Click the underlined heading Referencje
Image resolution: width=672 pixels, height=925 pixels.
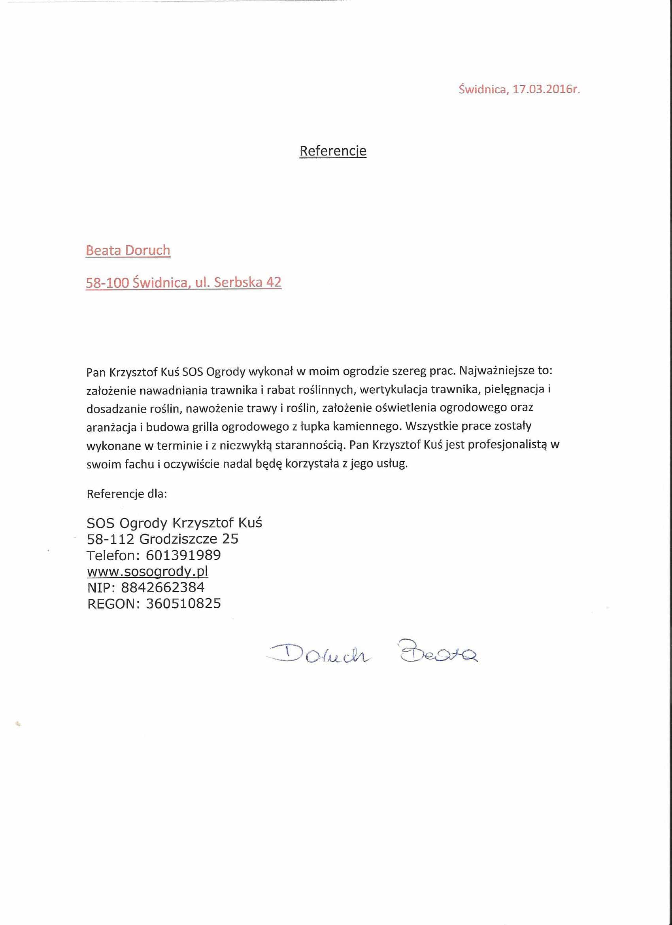coord(332,151)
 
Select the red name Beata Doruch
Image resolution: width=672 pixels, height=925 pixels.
coord(128,250)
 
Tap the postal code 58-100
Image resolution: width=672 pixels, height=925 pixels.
coord(107,282)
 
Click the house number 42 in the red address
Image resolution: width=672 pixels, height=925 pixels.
coord(274,282)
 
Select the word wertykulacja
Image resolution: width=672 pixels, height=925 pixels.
coord(394,389)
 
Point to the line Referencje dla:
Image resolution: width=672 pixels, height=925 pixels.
coord(127,494)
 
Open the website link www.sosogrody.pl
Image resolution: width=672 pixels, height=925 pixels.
coord(147,571)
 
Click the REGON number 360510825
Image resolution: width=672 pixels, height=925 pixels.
coord(183,604)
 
